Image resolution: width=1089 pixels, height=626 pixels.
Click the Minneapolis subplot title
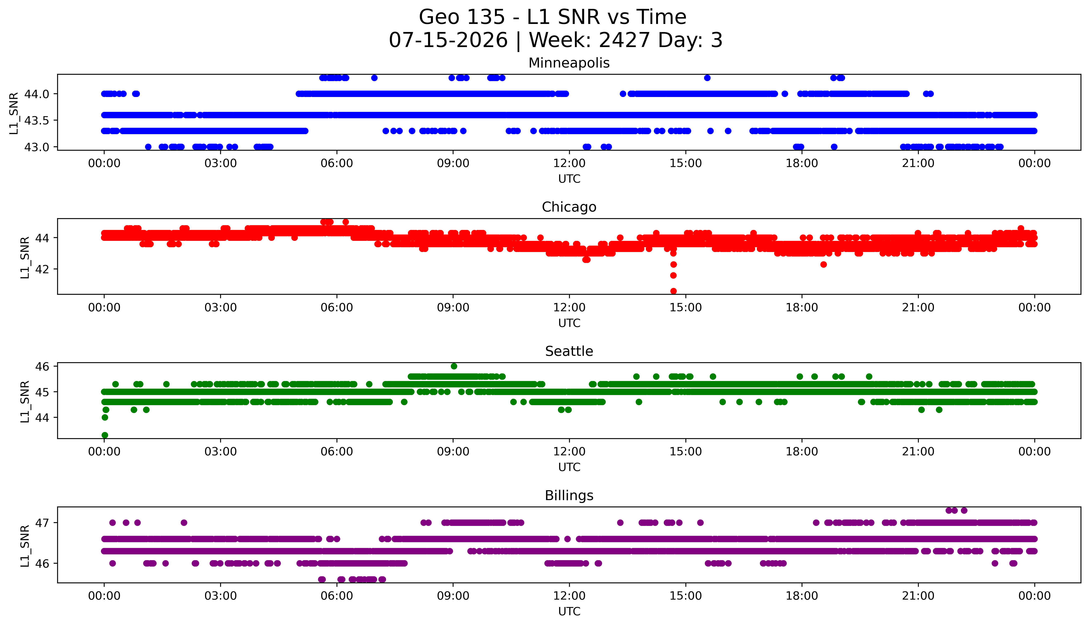[569, 63]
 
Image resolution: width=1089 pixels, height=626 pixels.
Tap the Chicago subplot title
[569, 207]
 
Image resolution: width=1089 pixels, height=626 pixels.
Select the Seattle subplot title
[569, 351]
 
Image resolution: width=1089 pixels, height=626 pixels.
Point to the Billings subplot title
[569, 496]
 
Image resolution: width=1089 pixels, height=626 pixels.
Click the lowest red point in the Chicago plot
[673, 291]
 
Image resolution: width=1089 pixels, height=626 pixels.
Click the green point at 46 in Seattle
[454, 366]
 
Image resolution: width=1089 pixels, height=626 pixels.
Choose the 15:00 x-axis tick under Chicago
[685, 307]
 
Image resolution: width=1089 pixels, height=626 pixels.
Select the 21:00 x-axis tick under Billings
[918, 596]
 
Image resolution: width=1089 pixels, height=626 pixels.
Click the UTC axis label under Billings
[569, 611]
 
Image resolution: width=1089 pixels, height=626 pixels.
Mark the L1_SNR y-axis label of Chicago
[25, 257]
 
